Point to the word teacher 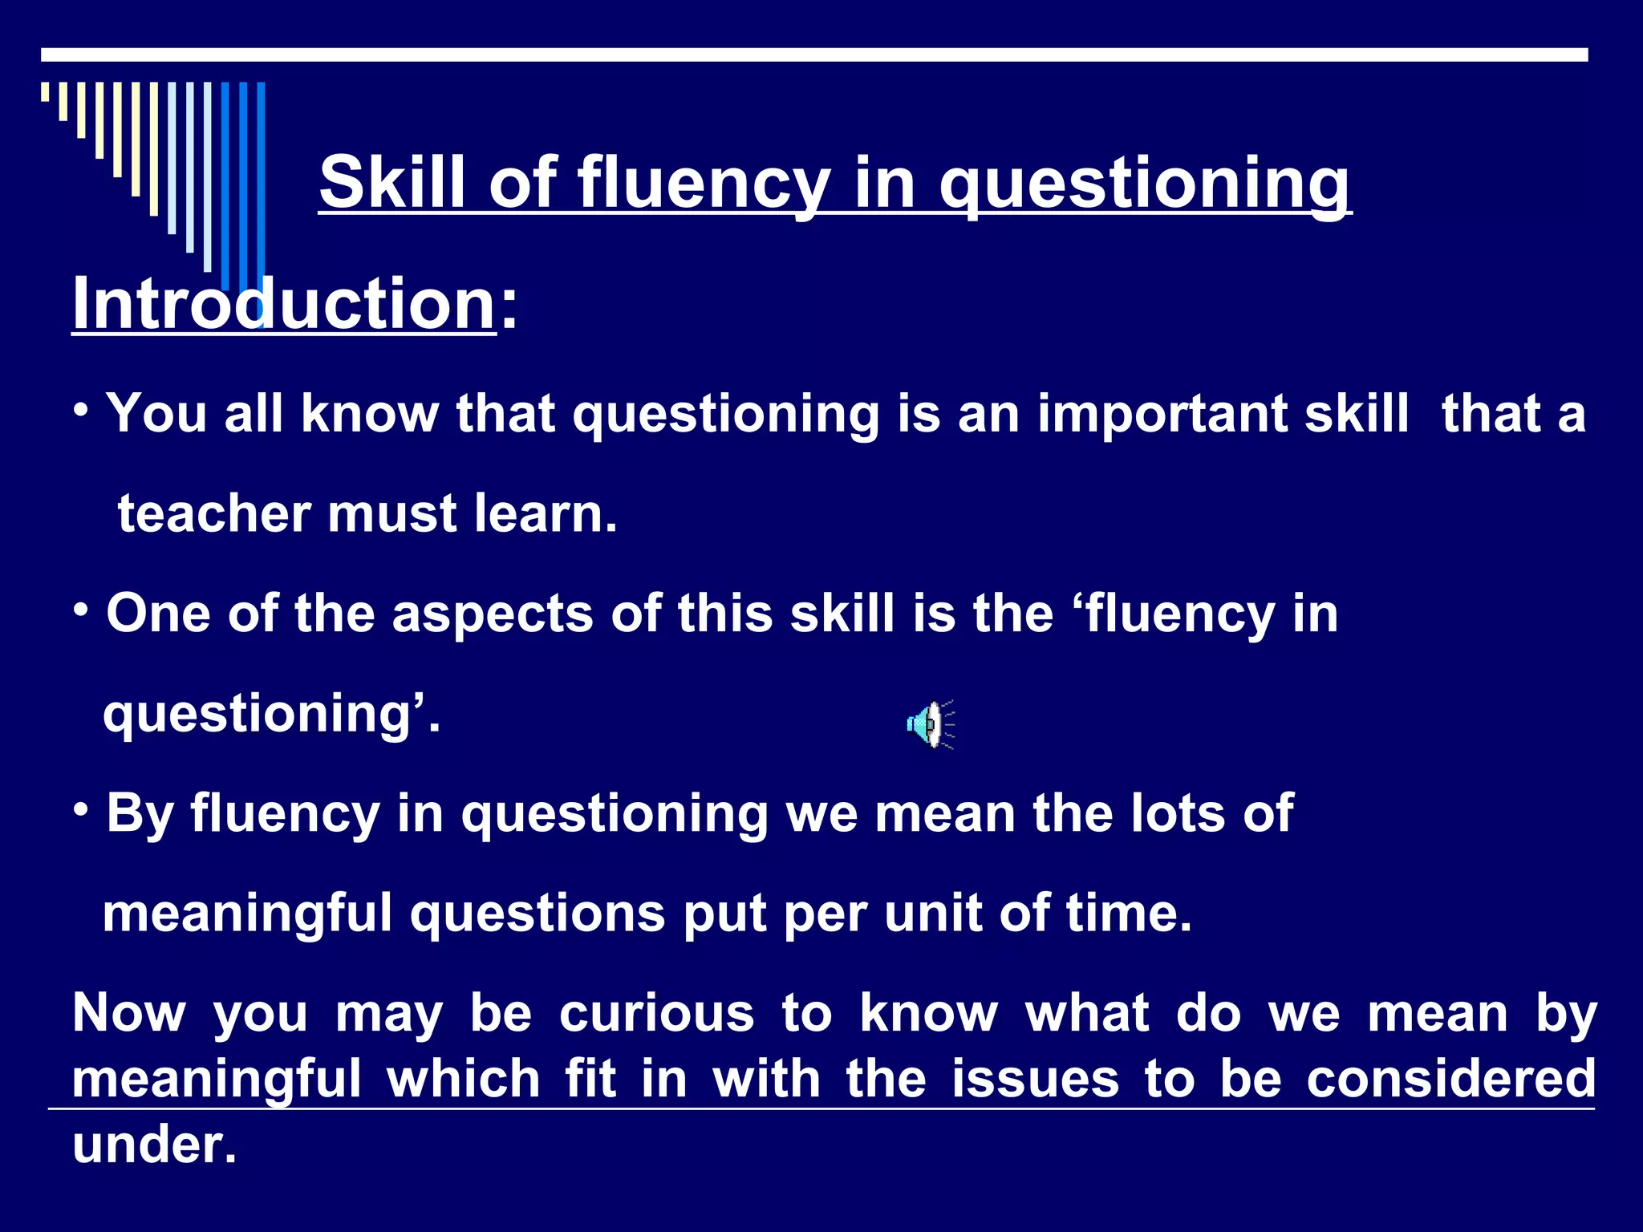[x=214, y=514]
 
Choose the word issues [x=1035, y=1079]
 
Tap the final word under [x=154, y=1145]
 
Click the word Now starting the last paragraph [x=129, y=1014]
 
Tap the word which [x=463, y=1079]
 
